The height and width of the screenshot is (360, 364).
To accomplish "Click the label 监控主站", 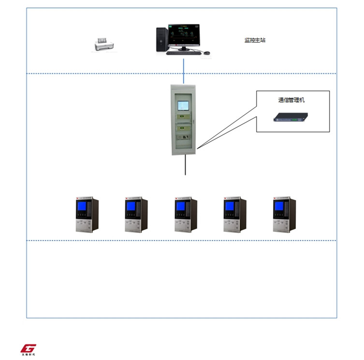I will pos(255,40).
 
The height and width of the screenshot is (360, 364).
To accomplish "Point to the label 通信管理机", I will pos(291,101).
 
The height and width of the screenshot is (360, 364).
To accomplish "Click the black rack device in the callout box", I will pos(291,117).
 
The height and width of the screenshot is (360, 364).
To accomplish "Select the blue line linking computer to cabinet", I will pos(184,70).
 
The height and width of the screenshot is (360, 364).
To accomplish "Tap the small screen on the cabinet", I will pos(184,106).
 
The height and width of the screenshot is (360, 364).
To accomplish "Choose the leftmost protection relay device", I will pos(87,215).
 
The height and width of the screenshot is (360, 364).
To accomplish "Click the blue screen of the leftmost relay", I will pos(82,206).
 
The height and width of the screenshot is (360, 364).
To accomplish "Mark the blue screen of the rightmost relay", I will pos(279,206).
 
